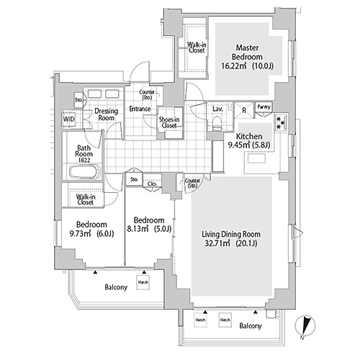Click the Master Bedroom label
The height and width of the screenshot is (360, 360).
247,56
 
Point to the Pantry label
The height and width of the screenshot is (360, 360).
264,107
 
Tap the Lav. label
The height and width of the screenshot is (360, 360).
216,109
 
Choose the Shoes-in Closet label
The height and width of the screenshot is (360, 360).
170,122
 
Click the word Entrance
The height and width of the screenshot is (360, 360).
140,109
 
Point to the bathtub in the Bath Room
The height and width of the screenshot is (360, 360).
81,173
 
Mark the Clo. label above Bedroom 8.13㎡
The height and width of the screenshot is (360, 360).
153,184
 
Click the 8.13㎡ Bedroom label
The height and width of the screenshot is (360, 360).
150,225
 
